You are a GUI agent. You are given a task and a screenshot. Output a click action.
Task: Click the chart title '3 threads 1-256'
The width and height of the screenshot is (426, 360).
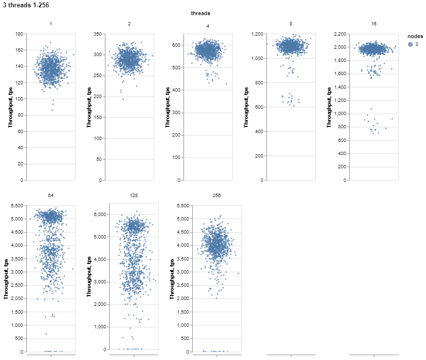[25, 5]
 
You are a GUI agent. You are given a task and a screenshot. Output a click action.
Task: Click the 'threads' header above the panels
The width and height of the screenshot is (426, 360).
[200, 14]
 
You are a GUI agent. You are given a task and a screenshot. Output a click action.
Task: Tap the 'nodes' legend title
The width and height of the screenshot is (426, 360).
[416, 36]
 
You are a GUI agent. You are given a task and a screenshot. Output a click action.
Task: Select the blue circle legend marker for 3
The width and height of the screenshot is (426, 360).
[410, 44]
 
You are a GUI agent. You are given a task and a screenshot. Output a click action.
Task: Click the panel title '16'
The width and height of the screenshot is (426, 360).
[374, 24]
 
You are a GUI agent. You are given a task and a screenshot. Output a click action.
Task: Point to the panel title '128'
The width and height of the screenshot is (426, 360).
[134, 195]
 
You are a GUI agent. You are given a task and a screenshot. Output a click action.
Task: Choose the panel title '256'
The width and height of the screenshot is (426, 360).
[217, 195]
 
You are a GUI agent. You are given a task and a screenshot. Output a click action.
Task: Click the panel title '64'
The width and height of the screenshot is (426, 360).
[51, 195]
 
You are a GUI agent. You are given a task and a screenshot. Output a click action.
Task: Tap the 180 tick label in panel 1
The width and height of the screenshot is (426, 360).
[20, 34]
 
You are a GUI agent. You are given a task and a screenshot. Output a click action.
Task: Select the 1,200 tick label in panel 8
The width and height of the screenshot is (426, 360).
[258, 34]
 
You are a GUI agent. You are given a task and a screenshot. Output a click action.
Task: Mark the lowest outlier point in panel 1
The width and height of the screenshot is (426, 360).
[52, 110]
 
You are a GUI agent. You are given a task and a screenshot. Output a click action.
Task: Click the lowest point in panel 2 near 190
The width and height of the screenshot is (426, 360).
[123, 99]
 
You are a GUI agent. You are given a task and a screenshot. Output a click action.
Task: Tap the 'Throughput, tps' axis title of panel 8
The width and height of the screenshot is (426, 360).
[246, 107]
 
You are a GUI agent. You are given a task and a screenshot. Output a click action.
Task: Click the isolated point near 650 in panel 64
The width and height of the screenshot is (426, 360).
[46, 334]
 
